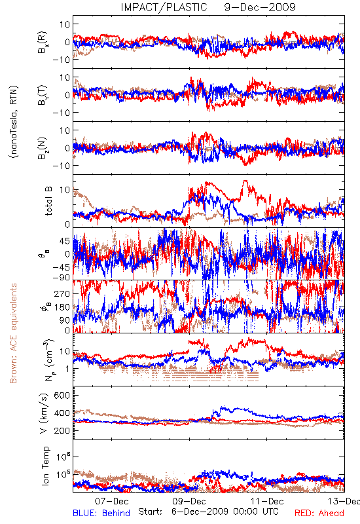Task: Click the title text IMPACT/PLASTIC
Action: click(x=164, y=7)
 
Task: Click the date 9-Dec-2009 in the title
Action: click(x=260, y=7)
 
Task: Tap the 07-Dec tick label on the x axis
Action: click(x=111, y=501)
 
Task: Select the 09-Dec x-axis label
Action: click(x=189, y=501)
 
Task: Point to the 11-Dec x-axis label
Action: click(x=267, y=501)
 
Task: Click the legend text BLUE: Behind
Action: click(x=101, y=513)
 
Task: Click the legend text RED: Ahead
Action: click(x=319, y=513)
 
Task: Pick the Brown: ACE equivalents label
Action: click(x=13, y=333)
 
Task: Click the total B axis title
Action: click(x=48, y=201)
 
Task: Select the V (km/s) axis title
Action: click(x=44, y=413)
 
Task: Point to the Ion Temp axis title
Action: click(x=46, y=466)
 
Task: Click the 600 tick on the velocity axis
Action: click(x=62, y=396)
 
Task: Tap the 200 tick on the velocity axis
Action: click(x=62, y=430)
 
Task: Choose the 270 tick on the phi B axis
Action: click(x=62, y=293)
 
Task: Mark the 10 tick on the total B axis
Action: click(x=65, y=190)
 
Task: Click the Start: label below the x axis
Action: click(x=151, y=512)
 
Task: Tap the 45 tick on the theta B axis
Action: click(x=65, y=241)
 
